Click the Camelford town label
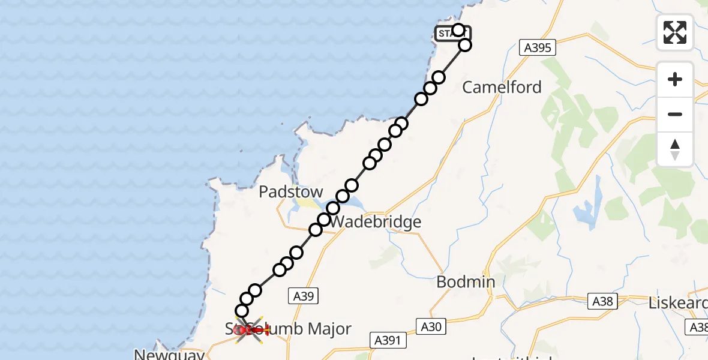tap(502, 88)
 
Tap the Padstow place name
tap(291, 192)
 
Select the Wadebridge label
tap(376, 222)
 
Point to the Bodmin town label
tap(466, 282)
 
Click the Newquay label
tap(169, 355)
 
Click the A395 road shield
tap(537, 48)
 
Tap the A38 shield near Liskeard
tap(602, 301)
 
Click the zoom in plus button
tap(675, 79)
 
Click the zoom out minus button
tap(675, 114)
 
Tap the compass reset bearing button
tap(675, 149)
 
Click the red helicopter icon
tap(251, 329)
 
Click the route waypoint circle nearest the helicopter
tap(242, 311)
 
